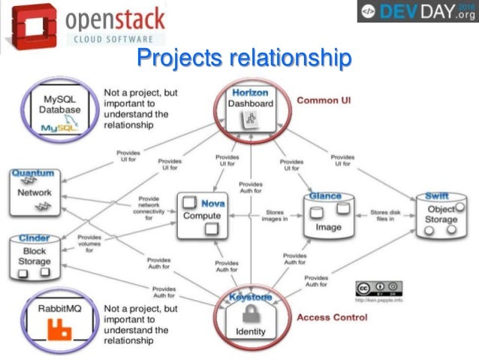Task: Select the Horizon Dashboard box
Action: pyautogui.click(x=251, y=107)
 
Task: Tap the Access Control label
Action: pyautogui.click(x=333, y=317)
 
